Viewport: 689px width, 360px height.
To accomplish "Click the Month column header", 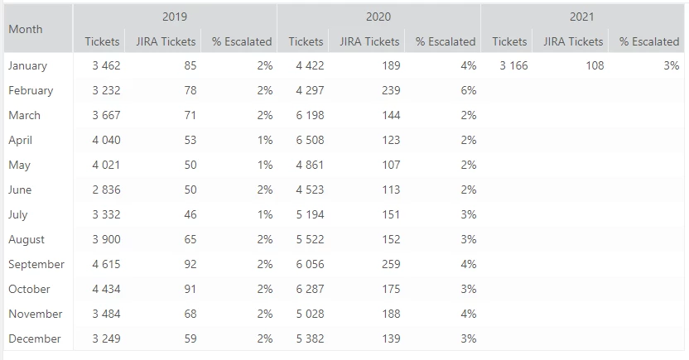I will coord(26,29).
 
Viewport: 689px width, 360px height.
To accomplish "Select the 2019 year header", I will coord(175,17).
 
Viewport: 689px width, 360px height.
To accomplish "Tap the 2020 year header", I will coord(378,17).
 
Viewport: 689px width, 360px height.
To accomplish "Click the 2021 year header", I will coord(582,17).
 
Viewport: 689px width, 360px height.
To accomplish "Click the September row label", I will coord(36,264).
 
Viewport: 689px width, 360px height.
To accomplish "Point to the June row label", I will coord(20,190).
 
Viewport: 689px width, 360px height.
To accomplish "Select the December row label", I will coord(35,338).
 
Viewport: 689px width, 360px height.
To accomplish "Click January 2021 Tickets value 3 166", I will coord(513,65).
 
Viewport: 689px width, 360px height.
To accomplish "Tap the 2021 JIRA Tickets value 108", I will coord(595,65).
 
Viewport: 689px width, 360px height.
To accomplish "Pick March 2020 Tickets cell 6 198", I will coord(309,115).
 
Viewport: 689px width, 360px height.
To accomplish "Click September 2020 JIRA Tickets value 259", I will coord(391,264).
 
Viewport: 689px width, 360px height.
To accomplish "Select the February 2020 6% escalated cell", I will coord(469,90).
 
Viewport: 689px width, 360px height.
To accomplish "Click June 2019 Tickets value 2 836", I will coord(106,190).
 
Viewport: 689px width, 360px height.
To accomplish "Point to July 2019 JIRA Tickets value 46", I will coord(190,214).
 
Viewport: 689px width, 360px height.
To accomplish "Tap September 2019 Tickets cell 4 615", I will coord(106,264).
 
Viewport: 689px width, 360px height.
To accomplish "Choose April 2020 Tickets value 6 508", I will coord(309,140).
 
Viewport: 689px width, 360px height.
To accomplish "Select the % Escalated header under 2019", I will coord(242,41).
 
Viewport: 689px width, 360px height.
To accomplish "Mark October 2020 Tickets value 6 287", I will coord(309,289).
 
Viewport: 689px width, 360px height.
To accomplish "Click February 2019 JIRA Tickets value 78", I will coord(190,90).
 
